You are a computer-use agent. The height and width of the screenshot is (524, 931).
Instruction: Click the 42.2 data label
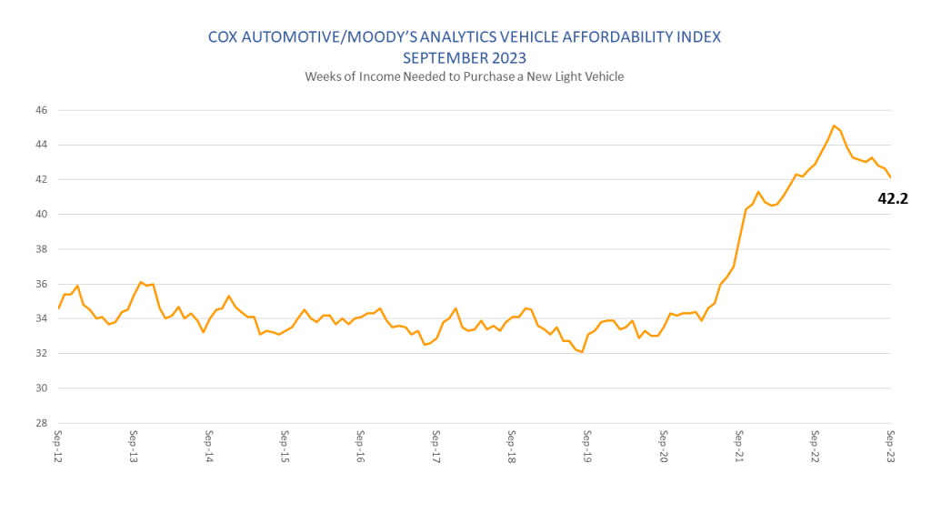[893, 197]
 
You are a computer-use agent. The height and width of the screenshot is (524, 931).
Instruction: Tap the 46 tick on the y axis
[42, 110]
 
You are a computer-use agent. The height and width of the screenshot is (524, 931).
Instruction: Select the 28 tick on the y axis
[42, 423]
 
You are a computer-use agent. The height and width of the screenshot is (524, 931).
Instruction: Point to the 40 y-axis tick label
[42, 215]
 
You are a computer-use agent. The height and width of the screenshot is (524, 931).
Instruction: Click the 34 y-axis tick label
[42, 318]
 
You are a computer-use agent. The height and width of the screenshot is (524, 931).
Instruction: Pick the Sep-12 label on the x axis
[58, 447]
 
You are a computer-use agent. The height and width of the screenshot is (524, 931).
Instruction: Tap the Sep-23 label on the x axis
[890, 447]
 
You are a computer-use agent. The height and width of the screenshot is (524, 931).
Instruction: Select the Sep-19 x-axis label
[587, 447]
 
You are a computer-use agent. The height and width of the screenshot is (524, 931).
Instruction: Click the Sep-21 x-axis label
[739, 447]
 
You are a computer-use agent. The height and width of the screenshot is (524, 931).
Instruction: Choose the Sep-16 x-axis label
[361, 447]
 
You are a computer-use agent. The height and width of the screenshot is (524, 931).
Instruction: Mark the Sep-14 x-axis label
[209, 447]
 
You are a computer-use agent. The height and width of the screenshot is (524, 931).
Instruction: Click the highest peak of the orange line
[834, 126]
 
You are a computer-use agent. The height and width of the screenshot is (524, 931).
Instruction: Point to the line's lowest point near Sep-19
[581, 352]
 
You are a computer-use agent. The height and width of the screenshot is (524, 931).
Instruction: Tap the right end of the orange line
[890, 177]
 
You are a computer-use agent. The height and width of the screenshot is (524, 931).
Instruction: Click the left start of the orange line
[58, 308]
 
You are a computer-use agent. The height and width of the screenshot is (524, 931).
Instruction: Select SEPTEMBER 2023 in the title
[465, 57]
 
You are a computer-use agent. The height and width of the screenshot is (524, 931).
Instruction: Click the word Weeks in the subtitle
[323, 76]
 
